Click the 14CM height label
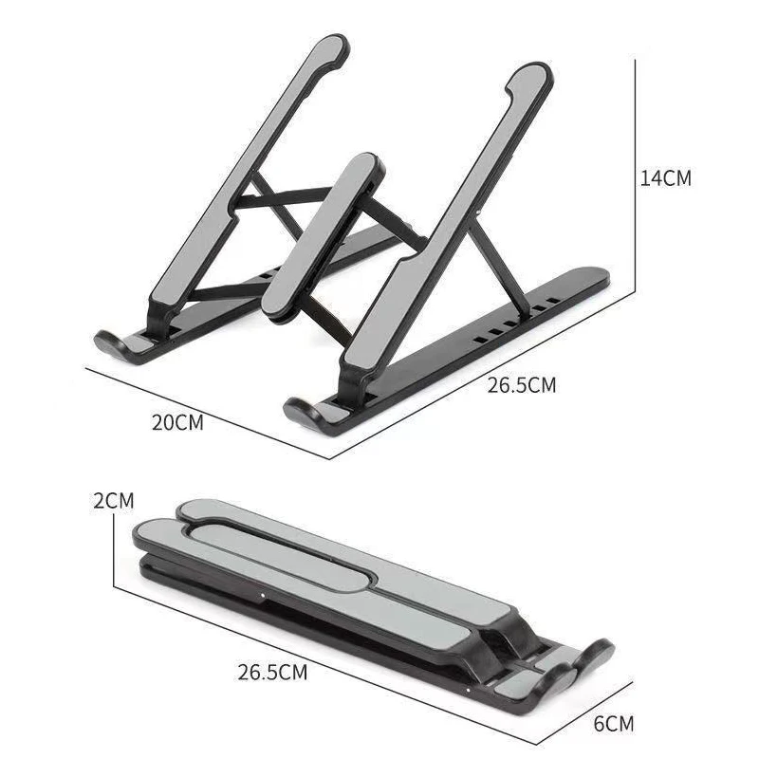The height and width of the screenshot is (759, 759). click(x=666, y=177)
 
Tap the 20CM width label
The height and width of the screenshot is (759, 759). click(x=177, y=422)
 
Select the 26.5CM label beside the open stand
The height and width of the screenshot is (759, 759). click(x=521, y=385)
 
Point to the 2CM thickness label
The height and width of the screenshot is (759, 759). click(x=113, y=501)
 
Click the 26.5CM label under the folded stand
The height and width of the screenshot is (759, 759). click(x=272, y=672)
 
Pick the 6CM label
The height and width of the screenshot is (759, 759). click(x=613, y=724)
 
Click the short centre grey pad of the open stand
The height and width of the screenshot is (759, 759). click(x=324, y=234)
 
